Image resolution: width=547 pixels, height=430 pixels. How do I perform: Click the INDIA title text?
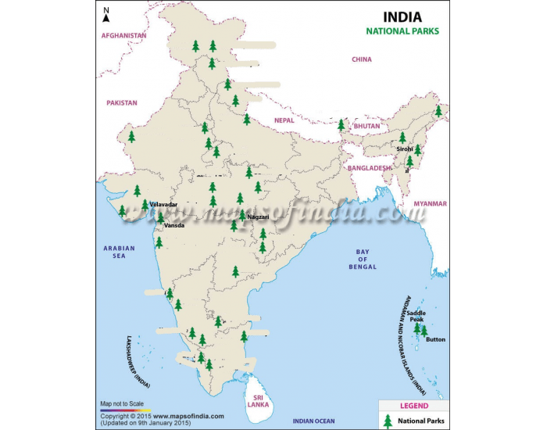click(x=402, y=16)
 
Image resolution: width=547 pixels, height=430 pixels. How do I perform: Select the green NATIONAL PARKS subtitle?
click(x=403, y=32)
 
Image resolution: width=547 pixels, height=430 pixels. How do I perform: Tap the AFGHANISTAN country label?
click(x=123, y=36)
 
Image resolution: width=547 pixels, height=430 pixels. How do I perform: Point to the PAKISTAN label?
click(x=122, y=102)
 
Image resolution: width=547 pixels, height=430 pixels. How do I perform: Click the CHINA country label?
click(x=362, y=59)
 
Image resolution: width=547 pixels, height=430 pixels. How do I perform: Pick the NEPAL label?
click(x=284, y=120)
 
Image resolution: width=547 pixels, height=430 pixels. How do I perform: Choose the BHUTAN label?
click(x=366, y=126)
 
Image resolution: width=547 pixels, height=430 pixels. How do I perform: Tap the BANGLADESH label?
click(x=369, y=168)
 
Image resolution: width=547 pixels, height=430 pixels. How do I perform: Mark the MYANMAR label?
click(x=431, y=203)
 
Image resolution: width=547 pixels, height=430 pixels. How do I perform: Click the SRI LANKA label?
click(x=258, y=400)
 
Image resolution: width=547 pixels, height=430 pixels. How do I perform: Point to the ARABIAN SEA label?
click(x=120, y=252)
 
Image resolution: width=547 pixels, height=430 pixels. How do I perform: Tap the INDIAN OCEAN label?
click(x=313, y=421)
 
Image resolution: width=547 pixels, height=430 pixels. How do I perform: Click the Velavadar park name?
click(x=163, y=204)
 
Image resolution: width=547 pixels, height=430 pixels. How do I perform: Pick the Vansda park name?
click(x=174, y=225)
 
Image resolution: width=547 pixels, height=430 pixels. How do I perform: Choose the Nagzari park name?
click(x=258, y=217)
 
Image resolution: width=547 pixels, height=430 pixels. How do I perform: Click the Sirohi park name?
click(x=405, y=149)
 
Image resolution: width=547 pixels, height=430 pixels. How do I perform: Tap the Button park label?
click(x=436, y=339)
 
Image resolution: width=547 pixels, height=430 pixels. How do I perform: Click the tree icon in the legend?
click(x=388, y=421)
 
